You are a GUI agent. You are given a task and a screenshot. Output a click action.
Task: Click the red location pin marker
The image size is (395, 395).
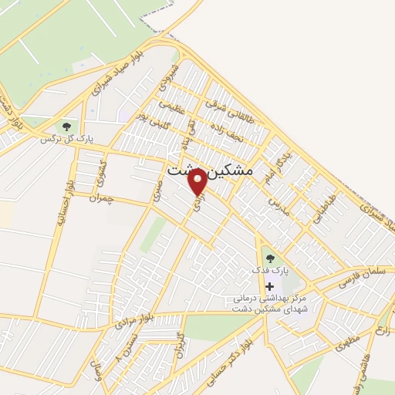[x=198, y=181]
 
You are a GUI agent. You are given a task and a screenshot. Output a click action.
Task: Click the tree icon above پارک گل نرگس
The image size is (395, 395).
[x=67, y=126]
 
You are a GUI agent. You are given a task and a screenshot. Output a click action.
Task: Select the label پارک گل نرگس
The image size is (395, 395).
[x=67, y=140]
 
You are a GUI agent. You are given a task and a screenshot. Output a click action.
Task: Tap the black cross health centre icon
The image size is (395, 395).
[x=268, y=286]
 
